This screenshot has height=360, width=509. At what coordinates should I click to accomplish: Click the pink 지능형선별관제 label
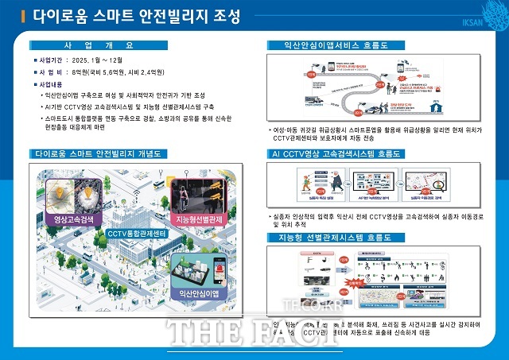click(x=197, y=219)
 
